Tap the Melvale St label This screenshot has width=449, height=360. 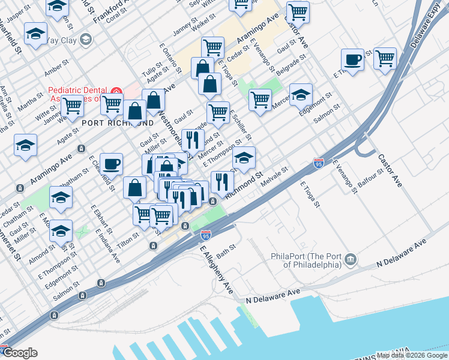point(276,176)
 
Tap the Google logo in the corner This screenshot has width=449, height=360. point(20,353)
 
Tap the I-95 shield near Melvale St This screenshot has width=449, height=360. point(319,163)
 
